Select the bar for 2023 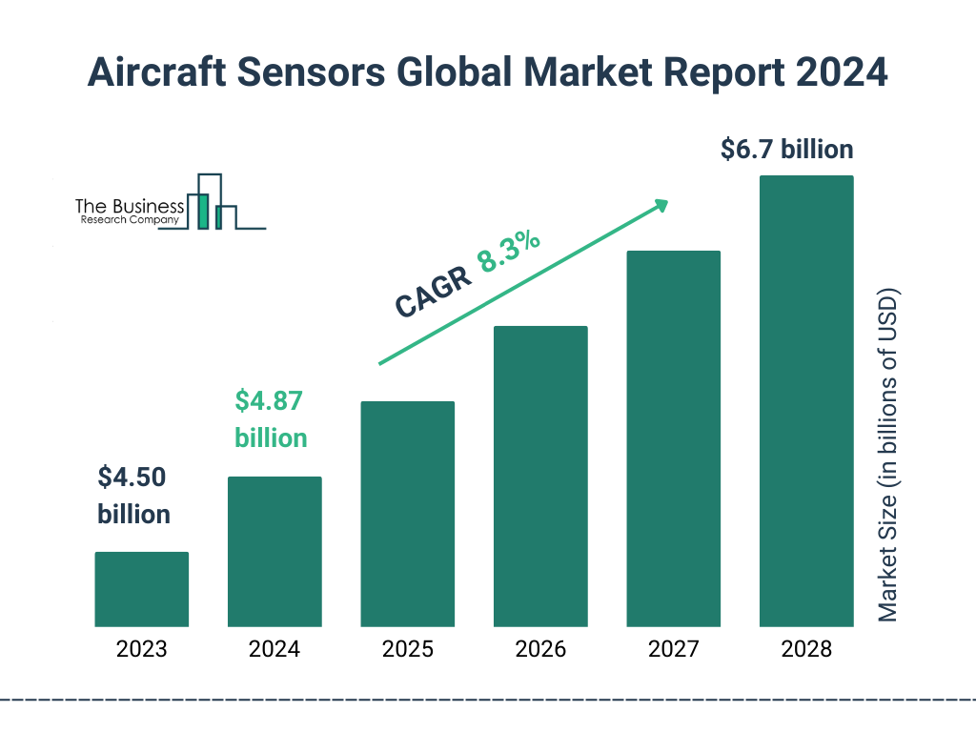(x=141, y=589)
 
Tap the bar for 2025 (x=407, y=514)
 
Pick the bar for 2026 (x=540, y=477)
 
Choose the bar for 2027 (x=673, y=438)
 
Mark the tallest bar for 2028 (x=806, y=400)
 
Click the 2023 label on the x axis (x=141, y=650)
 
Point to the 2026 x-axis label (x=540, y=650)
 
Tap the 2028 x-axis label (x=806, y=650)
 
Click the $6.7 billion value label (x=786, y=150)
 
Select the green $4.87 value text (x=269, y=401)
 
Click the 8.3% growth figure (x=509, y=251)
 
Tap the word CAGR (x=433, y=293)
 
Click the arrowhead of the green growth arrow (x=661, y=205)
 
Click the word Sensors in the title (x=341, y=72)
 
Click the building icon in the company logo (x=213, y=202)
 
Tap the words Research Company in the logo (x=129, y=220)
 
